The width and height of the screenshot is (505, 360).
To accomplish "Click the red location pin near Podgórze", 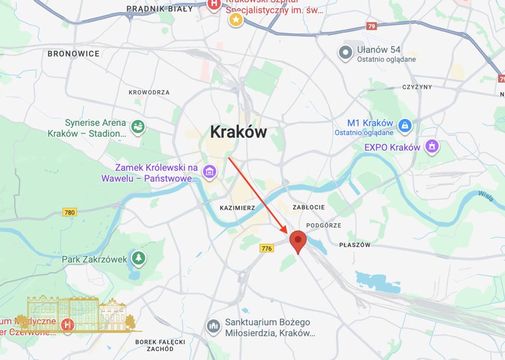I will (x=297, y=241).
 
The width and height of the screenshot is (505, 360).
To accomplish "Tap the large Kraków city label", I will (x=238, y=132).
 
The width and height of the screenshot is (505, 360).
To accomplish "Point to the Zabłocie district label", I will (x=309, y=207).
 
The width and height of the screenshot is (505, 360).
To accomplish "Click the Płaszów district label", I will (x=355, y=245).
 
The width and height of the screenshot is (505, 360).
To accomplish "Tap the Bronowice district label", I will (x=73, y=54).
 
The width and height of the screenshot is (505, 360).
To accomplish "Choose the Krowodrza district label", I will (x=149, y=92).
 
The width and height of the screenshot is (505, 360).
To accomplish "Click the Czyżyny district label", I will (x=417, y=87).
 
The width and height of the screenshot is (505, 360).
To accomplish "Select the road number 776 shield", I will (x=267, y=249).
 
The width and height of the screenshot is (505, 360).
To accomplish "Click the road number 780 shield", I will (x=70, y=213).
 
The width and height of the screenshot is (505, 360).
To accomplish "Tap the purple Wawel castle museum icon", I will (x=210, y=172).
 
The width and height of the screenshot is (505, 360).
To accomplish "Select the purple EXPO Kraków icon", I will (x=432, y=146).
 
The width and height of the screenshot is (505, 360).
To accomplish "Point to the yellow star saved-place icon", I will (x=236, y=20).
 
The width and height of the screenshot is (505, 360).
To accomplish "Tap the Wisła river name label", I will (x=486, y=196).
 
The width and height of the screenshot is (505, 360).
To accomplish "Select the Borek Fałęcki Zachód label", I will (x=160, y=345).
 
